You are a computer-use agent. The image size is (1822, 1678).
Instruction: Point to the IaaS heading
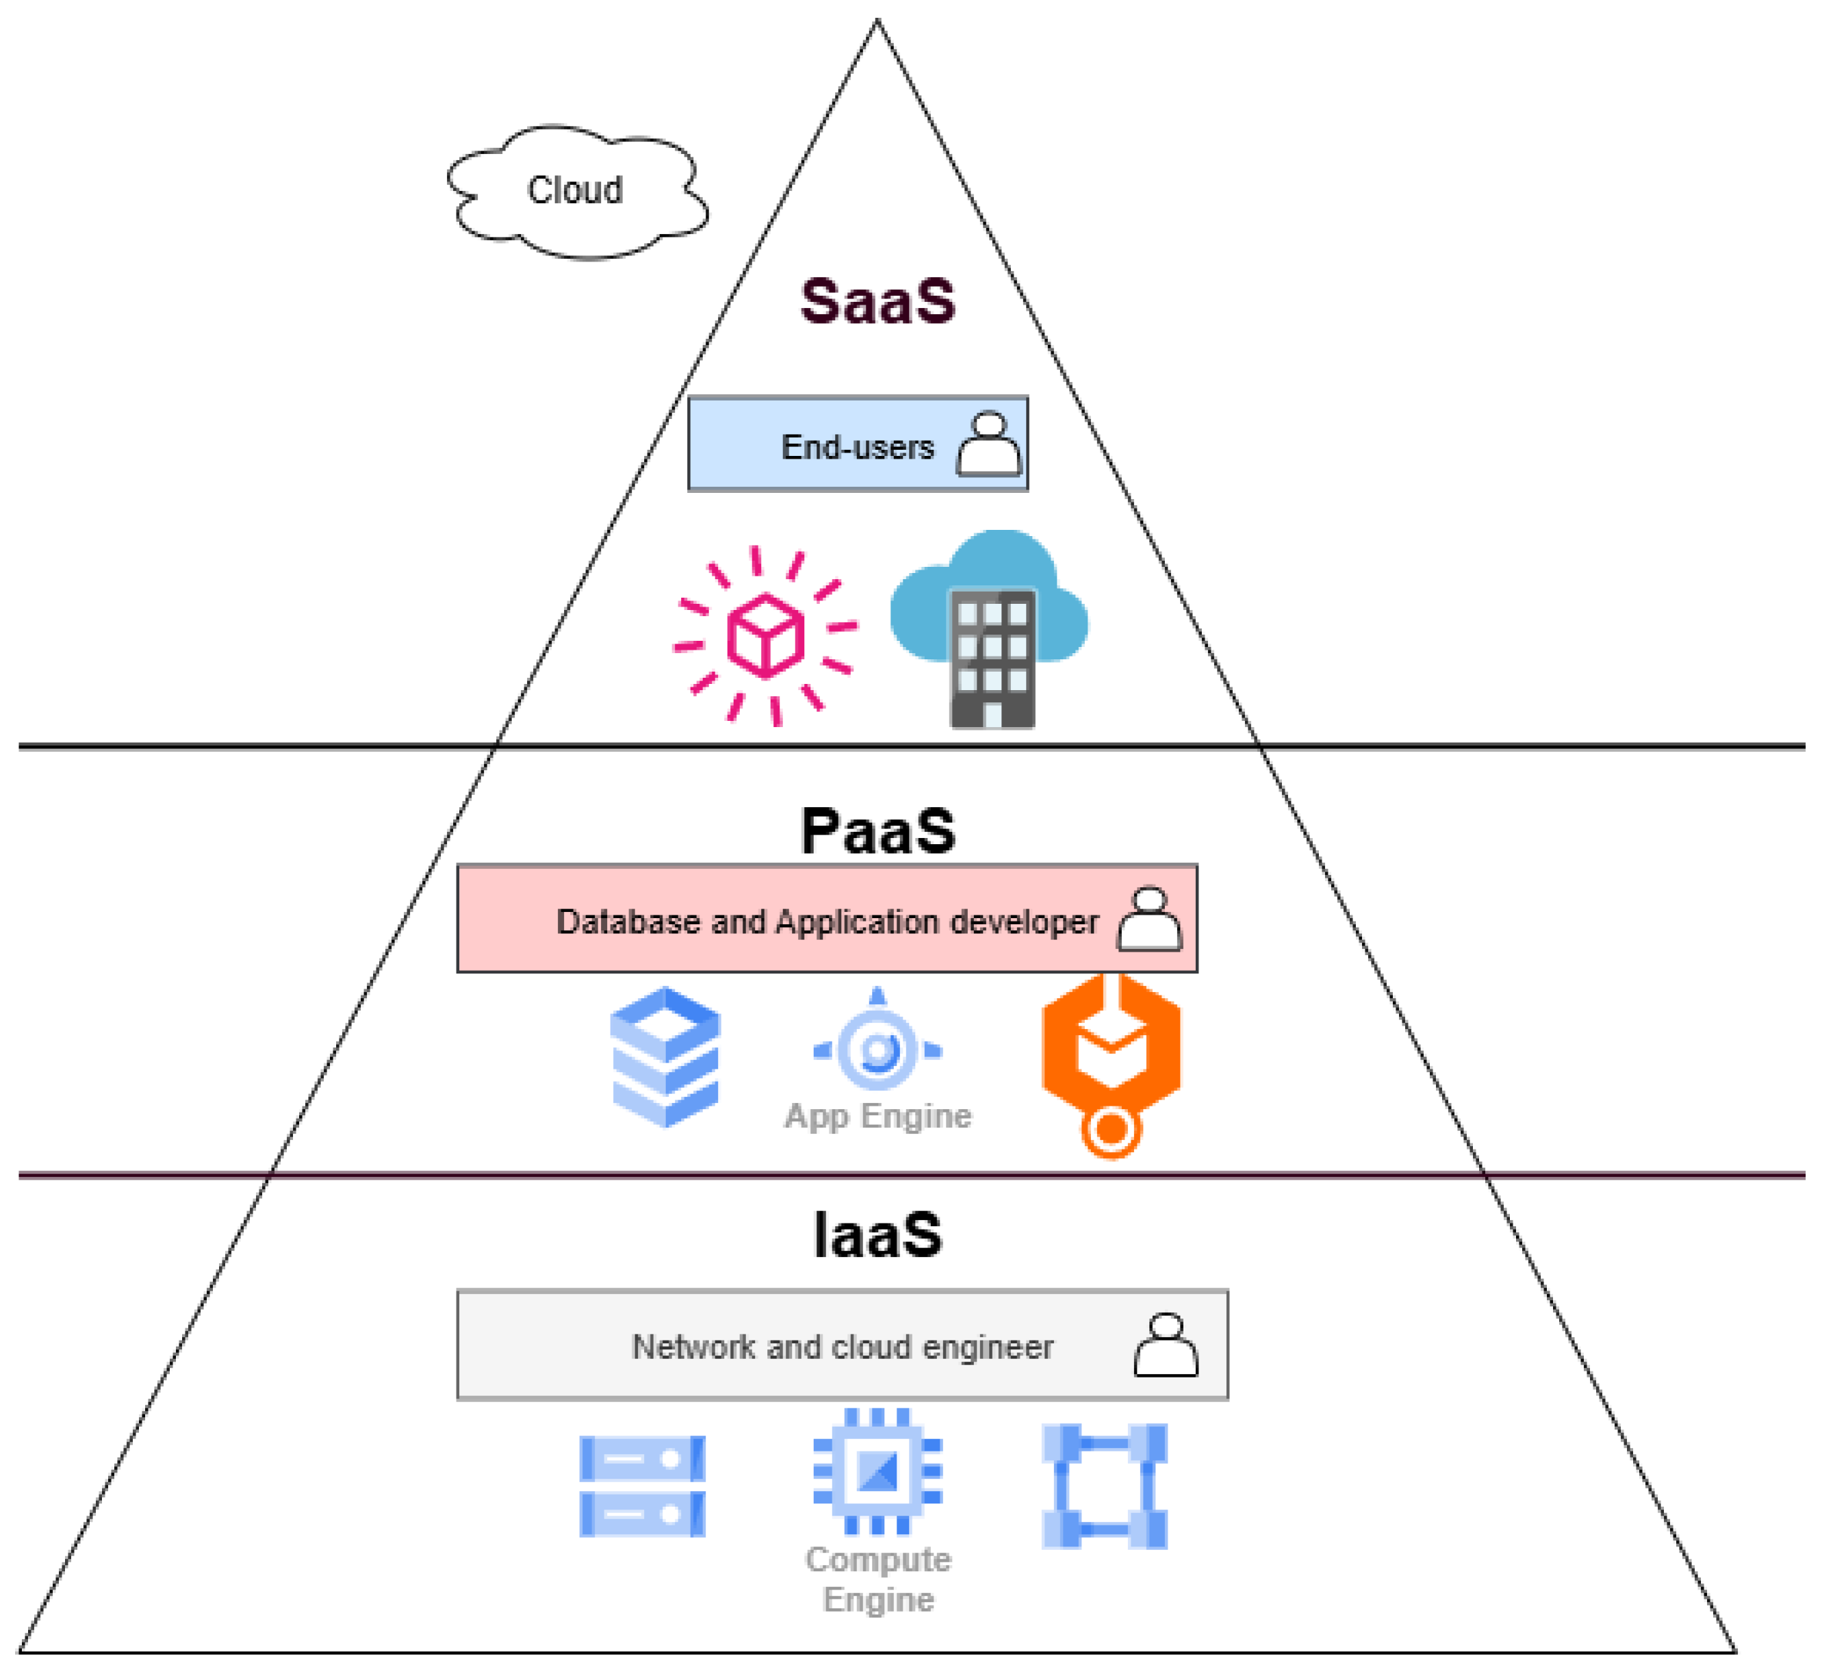[x=877, y=1235]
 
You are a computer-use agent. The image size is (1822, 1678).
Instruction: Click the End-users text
[x=857, y=447]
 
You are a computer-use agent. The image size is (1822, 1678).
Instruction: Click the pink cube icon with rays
[x=765, y=635]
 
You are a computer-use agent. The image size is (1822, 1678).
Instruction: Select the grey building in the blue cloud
[x=992, y=659]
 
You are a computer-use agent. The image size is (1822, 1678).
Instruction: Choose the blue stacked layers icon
[x=665, y=1057]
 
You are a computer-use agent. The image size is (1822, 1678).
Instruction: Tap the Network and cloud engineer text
[x=843, y=1347]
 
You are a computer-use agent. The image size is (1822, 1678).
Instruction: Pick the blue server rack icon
[x=642, y=1486]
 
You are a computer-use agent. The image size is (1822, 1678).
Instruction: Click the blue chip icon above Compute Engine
[x=877, y=1471]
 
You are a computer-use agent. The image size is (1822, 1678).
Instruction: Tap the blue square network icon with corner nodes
[x=1104, y=1486]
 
